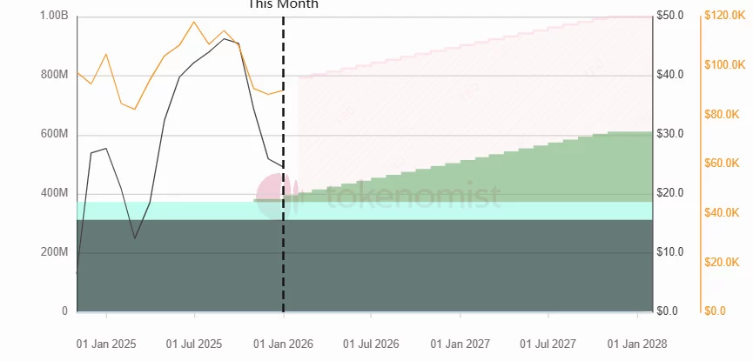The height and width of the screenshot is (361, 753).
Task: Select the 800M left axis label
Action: pyautogui.click(x=54, y=75)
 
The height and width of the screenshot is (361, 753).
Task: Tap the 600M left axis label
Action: pyautogui.click(x=54, y=134)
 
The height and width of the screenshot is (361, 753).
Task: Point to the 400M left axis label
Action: pyautogui.click(x=54, y=193)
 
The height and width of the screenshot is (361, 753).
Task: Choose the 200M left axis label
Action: pyautogui.click(x=54, y=252)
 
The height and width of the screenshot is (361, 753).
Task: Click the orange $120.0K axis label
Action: pyautogui.click(x=724, y=16)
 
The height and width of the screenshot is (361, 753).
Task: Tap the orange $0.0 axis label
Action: pyautogui.click(x=715, y=311)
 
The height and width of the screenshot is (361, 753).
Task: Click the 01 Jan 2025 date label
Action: pyautogui.click(x=106, y=344)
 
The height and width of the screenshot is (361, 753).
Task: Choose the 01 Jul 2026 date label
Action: pyautogui.click(x=372, y=344)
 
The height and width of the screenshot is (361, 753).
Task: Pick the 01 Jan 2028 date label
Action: pyautogui.click(x=637, y=344)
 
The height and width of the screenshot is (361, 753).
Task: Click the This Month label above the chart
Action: pyautogui.click(x=284, y=4)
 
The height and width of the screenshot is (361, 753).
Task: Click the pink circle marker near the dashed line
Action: pyautogui.click(x=273, y=190)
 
